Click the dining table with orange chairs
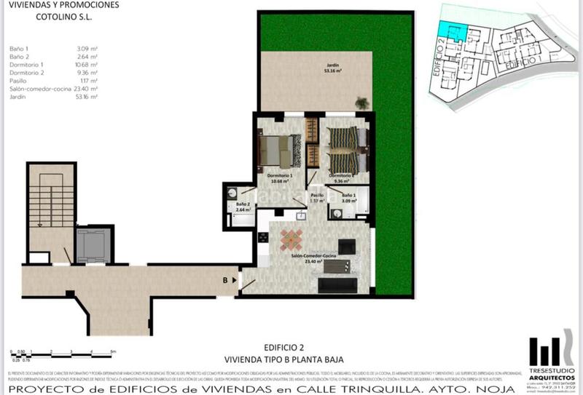tap(291, 240)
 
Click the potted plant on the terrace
tap(361, 104)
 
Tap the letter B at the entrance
tap(226, 279)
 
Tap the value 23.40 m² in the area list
tap(87, 89)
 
